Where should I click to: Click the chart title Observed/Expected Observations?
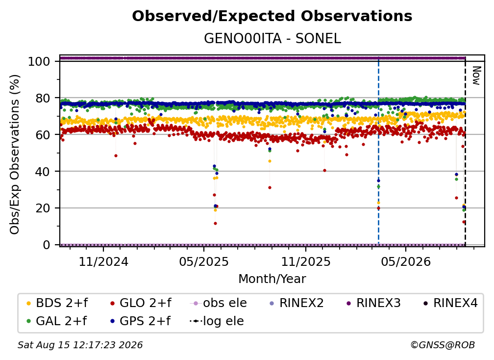[272, 16]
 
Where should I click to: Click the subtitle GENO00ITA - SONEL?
[272, 38]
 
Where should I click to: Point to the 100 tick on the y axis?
[39, 61]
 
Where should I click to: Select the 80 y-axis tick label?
[43, 98]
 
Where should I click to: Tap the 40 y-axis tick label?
[43, 172]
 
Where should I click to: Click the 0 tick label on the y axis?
[47, 245]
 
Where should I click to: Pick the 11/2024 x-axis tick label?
[103, 261]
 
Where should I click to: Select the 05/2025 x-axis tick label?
[204, 261]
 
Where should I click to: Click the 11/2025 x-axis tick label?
[306, 261]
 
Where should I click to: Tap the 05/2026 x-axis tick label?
[406, 261]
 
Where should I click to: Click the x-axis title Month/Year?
[272, 279]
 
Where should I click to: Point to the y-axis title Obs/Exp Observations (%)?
[15, 154]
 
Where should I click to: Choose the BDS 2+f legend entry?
[57, 303]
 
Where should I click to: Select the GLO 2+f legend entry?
[141, 303]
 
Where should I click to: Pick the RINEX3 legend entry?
[373, 303]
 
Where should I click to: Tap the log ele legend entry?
[217, 321]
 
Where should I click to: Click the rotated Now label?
[476, 76]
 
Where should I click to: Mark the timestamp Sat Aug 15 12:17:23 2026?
[80, 345]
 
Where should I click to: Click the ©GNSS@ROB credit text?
[443, 345]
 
